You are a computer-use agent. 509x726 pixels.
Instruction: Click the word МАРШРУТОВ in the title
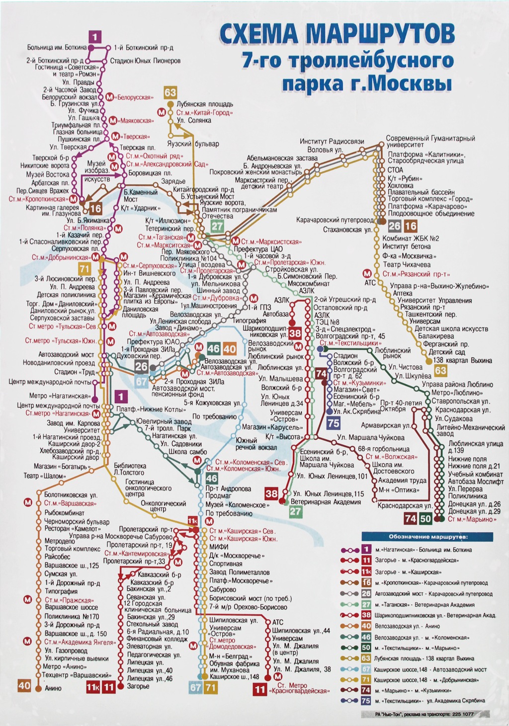(380, 34)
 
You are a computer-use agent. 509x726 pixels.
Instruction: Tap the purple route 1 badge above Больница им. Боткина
(95, 36)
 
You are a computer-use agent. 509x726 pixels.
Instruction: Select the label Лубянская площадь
(205, 104)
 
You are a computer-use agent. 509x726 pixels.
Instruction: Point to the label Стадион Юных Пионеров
(145, 61)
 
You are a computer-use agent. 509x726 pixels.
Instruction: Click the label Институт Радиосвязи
(332, 142)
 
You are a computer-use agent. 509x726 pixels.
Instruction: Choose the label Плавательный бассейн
(421, 192)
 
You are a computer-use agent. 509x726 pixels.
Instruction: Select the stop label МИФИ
(219, 547)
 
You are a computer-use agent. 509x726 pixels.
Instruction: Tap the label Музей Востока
(48, 174)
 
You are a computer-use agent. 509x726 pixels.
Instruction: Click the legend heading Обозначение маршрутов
(428, 537)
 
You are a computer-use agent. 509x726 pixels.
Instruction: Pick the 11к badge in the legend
(366, 571)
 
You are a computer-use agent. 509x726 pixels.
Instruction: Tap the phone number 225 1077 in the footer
(463, 715)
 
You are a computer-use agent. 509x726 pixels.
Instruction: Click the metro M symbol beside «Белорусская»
(109, 97)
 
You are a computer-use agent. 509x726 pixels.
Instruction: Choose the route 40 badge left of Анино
(24, 686)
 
